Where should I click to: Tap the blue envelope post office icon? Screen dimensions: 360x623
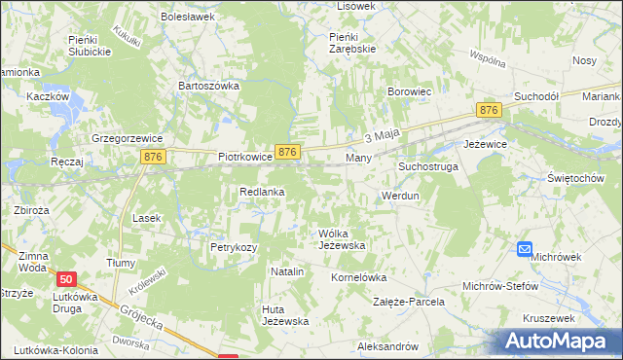(525, 250)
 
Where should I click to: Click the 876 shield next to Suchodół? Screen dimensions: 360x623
(489, 112)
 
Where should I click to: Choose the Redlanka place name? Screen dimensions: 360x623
(262, 192)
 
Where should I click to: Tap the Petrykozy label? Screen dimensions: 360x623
(234, 247)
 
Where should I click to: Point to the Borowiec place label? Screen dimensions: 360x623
(409, 91)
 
